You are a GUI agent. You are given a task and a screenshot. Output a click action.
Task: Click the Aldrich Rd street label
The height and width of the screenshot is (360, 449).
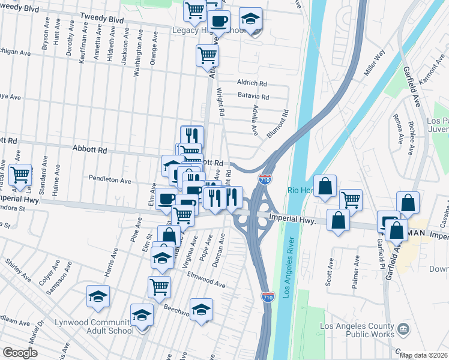252,83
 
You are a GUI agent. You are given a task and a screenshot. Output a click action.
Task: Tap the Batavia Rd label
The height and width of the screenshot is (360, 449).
253,97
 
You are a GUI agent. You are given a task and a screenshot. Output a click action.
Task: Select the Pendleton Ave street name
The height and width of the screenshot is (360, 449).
110,180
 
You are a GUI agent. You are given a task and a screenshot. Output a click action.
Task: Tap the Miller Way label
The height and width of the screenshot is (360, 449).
374,63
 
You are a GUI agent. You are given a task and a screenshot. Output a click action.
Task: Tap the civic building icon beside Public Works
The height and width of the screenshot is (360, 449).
403,329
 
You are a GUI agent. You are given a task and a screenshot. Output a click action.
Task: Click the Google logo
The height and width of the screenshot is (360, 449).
20,353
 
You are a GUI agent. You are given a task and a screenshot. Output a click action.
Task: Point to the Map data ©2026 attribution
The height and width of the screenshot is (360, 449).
423,355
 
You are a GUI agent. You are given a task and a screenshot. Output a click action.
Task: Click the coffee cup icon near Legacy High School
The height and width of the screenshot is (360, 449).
220,22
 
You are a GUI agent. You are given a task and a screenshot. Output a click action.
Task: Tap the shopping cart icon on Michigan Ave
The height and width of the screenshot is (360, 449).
207,56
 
